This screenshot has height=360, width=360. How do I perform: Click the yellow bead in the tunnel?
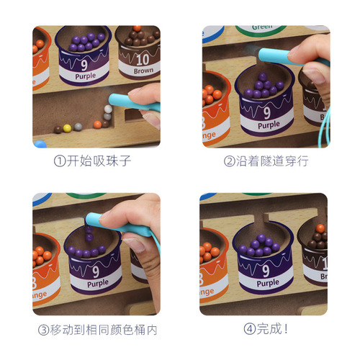pos(67,128)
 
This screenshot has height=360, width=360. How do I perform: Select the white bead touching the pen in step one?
pos(108,109)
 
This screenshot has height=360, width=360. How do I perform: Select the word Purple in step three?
pos(97,283)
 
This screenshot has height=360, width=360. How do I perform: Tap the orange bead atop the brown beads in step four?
pos(320,228)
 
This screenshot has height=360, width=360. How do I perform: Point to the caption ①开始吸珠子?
pos(96,161)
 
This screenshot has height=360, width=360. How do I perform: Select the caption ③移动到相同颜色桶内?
pos(96,330)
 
